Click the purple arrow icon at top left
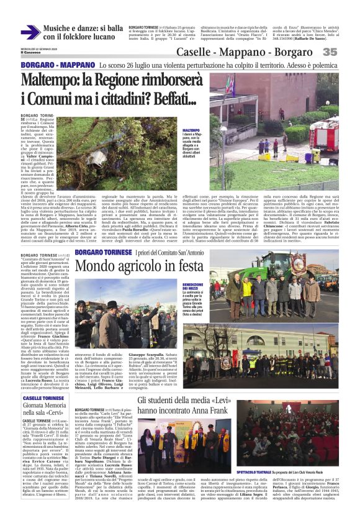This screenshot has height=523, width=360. coord(30,32)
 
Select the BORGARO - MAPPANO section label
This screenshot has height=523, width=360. coord(55,65)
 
